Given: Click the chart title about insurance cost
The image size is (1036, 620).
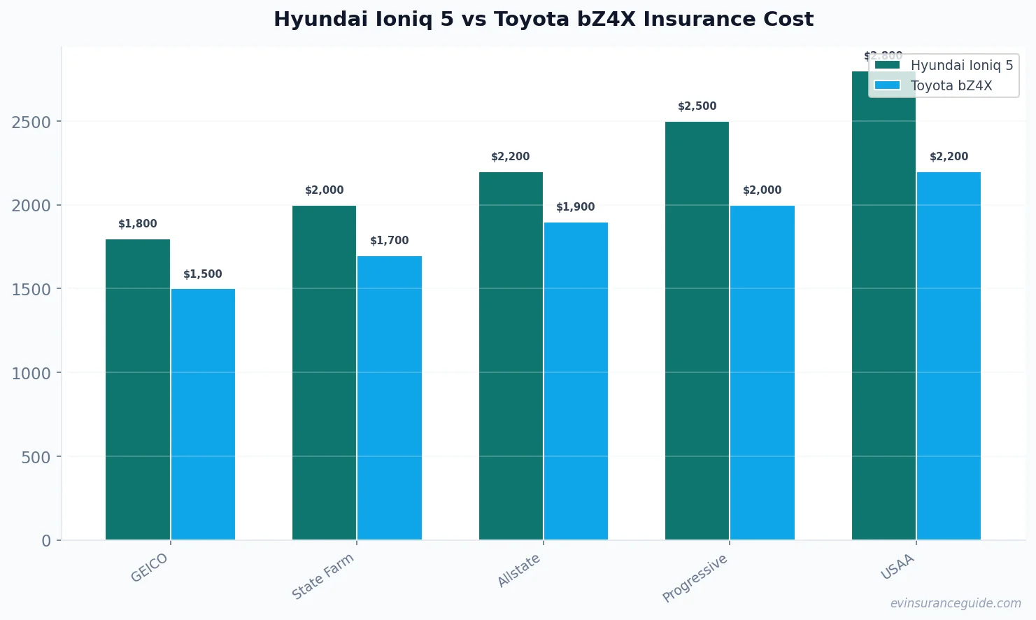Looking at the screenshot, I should click(x=543, y=20).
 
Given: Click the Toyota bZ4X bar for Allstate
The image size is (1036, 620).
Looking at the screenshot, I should click(x=576, y=381).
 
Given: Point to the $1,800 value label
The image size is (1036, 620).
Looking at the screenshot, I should click(x=138, y=224).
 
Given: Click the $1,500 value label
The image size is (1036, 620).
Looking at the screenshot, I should click(x=203, y=274).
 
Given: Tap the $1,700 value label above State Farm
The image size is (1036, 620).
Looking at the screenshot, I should click(x=390, y=241).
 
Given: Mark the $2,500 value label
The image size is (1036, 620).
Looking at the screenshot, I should click(x=697, y=106).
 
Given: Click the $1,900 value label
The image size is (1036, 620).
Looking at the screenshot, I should click(x=576, y=207).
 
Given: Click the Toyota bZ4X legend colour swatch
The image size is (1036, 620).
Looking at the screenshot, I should click(x=887, y=85).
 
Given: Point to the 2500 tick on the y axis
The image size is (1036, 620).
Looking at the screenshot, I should click(x=31, y=122).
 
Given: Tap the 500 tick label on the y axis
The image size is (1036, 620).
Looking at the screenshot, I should click(x=36, y=458).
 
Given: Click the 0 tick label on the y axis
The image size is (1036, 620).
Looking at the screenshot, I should click(x=46, y=541).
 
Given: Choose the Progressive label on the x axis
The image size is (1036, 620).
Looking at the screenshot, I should click(x=695, y=578).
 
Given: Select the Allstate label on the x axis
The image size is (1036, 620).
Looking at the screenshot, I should click(x=518, y=570).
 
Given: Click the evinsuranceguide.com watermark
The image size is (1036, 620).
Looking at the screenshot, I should click(x=956, y=603).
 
